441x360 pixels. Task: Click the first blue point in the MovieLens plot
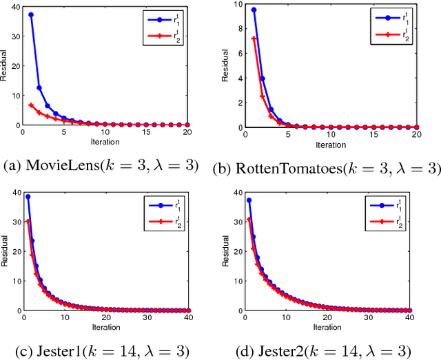31,14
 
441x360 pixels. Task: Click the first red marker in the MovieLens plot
31,105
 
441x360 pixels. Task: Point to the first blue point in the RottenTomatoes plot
254,10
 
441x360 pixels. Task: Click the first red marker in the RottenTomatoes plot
254,39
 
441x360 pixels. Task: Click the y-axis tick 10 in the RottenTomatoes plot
239,4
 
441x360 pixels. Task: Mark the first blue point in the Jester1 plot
28,197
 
